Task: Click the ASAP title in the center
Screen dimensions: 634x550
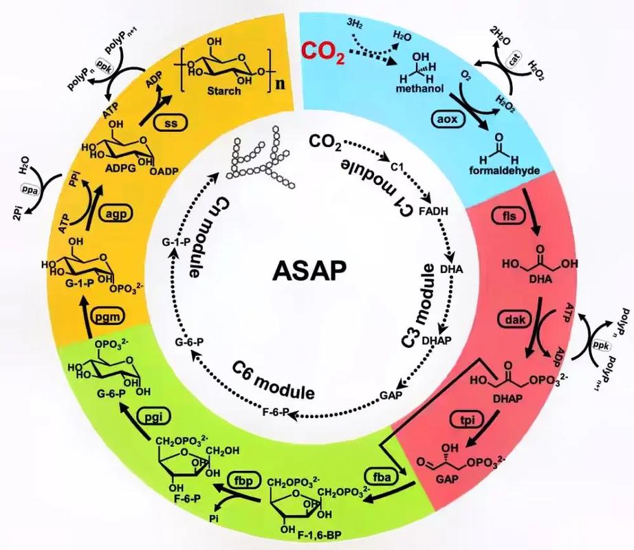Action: click(309, 270)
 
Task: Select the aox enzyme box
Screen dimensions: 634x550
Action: click(447, 119)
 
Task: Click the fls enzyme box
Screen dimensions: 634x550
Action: click(509, 216)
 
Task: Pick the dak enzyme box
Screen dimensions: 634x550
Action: click(515, 319)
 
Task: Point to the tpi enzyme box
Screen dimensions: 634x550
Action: click(466, 420)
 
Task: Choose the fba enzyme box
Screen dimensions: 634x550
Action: click(381, 477)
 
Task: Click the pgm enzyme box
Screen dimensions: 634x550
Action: click(107, 316)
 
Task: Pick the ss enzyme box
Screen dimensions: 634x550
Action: click(171, 122)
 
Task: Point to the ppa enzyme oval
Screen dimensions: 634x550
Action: click(30, 190)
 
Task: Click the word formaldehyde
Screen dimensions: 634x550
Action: click(504, 170)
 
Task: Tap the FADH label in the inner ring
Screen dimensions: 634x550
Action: click(433, 211)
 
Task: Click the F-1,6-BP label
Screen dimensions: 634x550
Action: click(319, 536)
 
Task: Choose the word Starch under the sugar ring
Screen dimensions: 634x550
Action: click(223, 91)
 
